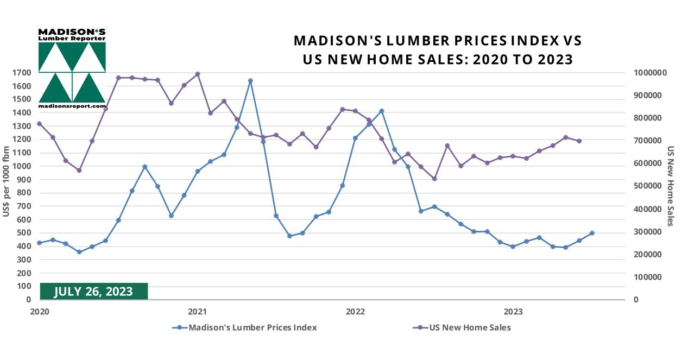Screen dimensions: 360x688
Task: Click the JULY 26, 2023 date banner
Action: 93,292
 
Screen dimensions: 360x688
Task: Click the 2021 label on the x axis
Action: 197,312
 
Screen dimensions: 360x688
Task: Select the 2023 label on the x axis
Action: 513,312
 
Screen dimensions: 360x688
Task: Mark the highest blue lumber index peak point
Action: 250,81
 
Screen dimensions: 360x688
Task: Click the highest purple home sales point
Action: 198,74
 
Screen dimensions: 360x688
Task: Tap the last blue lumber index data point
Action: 592,233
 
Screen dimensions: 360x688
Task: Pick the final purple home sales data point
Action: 579,141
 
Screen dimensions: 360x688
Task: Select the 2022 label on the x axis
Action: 355,312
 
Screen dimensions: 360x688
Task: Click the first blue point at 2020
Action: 39,243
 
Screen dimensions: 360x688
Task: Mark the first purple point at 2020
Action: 39,124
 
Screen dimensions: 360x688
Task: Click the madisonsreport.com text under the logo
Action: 72,106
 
